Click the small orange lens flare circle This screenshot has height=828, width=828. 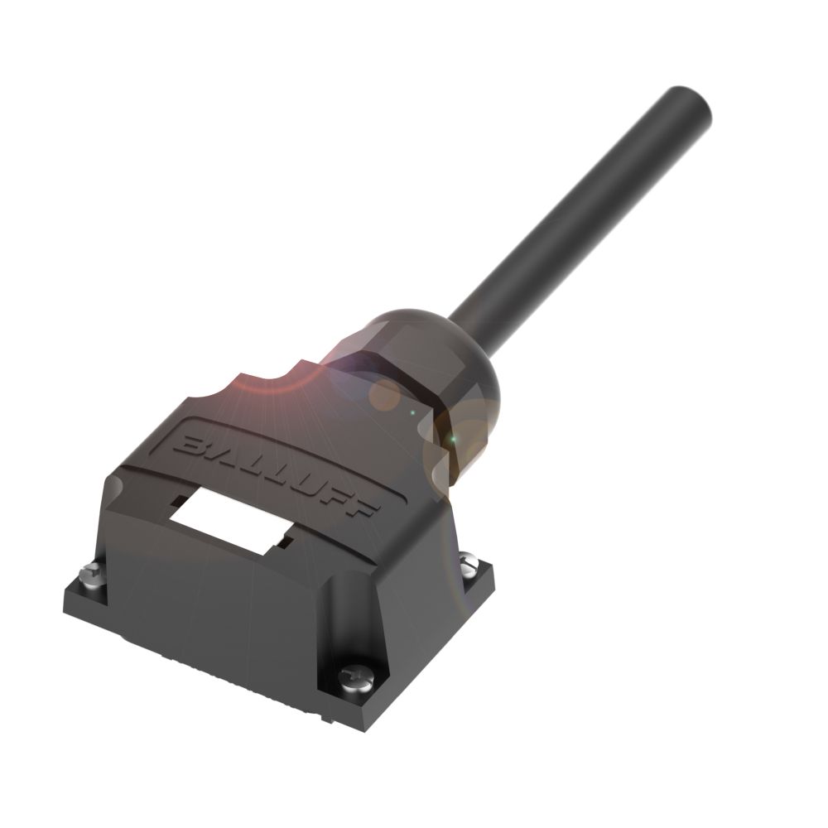(385, 395)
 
